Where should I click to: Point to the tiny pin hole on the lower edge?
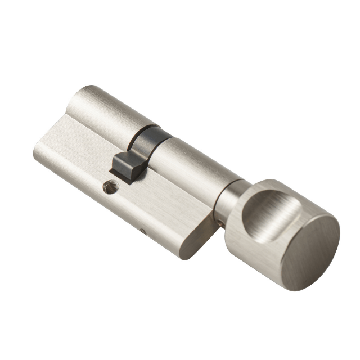[x=143, y=231]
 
